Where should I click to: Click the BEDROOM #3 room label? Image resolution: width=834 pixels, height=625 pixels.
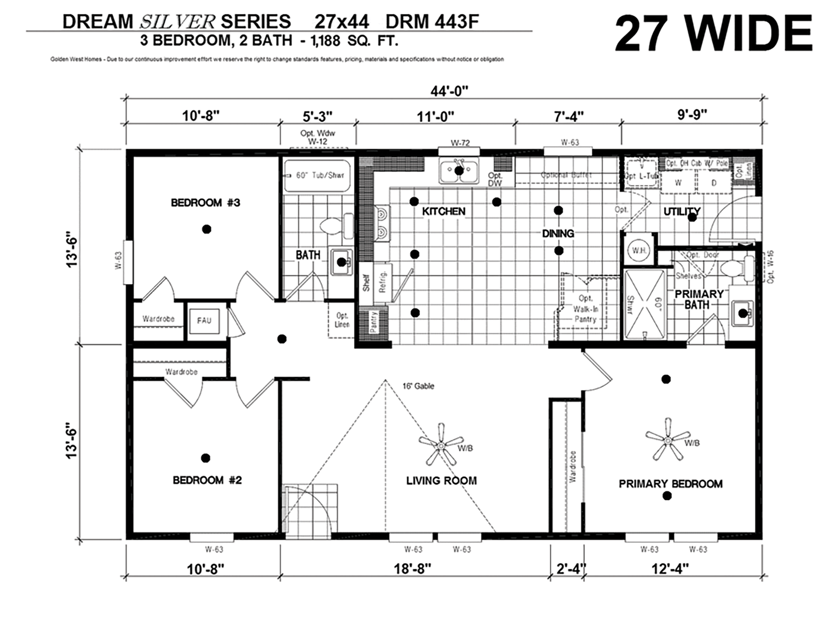205,203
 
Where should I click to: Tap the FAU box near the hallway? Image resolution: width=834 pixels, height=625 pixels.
204,321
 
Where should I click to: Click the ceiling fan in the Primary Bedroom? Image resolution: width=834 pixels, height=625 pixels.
667,439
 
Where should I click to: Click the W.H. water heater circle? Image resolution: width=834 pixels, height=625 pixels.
639,251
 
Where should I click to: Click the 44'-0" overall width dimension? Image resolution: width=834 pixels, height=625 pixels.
449,91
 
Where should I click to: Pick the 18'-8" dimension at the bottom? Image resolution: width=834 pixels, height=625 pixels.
412,569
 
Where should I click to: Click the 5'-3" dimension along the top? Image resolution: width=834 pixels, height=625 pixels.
317,116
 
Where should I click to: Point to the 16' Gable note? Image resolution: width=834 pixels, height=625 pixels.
418,386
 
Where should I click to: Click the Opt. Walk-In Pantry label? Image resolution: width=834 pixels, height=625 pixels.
585,309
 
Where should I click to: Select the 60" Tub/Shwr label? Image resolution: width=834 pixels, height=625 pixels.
320,176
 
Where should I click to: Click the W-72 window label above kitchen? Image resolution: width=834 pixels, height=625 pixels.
460,143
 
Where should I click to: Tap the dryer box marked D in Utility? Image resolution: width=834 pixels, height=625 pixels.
714,183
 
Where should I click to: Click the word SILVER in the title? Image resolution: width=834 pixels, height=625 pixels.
177,22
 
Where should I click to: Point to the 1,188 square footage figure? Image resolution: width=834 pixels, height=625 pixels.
325,41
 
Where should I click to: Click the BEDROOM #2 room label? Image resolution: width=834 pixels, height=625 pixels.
207,480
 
